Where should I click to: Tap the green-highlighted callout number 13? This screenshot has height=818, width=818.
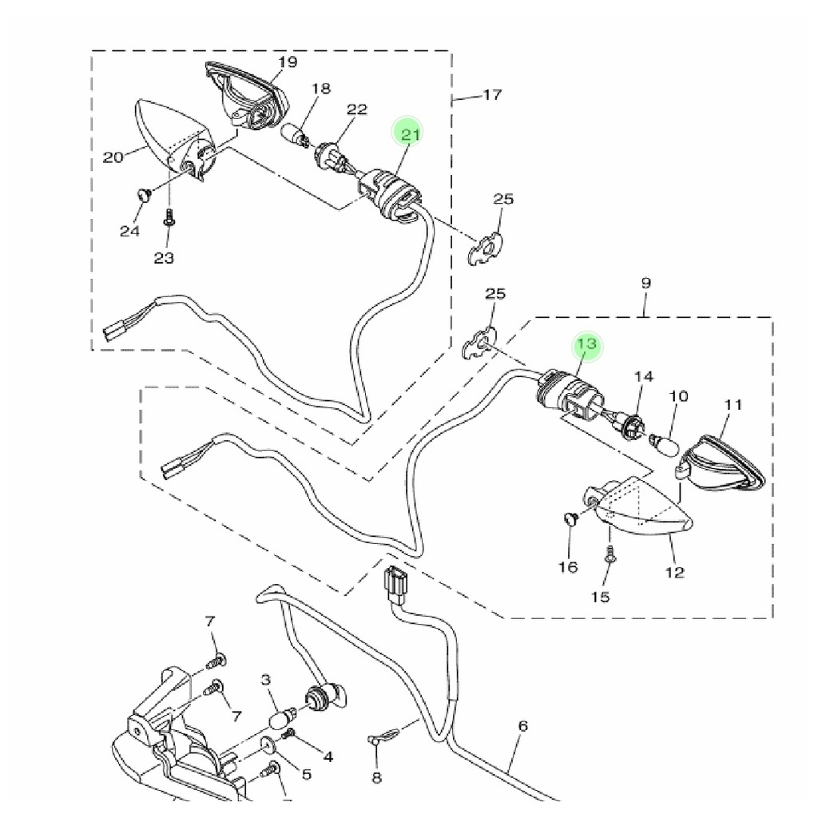(587, 344)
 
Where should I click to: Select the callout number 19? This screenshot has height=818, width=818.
(288, 62)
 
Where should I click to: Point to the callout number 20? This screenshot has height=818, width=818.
(113, 157)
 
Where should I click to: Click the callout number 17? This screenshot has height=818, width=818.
(493, 95)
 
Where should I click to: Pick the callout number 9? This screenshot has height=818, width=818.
(645, 283)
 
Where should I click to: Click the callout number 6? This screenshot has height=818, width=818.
(523, 726)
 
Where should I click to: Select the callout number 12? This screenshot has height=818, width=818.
(675, 572)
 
